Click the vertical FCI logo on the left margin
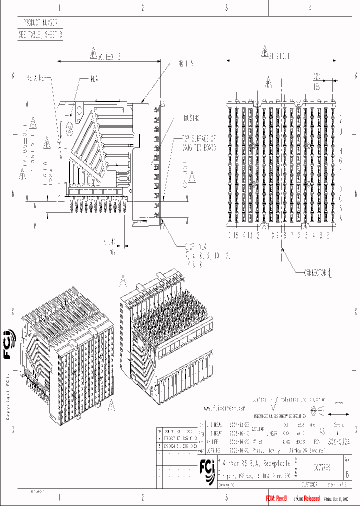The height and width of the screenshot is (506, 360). tap(8, 345)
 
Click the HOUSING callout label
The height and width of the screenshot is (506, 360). tap(190, 119)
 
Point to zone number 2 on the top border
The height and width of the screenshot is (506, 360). tap(142, 8)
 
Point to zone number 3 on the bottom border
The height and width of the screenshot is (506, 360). tap(226, 497)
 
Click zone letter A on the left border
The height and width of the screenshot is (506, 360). tap(13, 75)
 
